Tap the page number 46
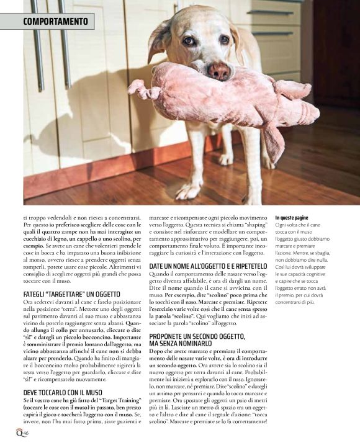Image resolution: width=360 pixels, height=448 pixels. (27, 434)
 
